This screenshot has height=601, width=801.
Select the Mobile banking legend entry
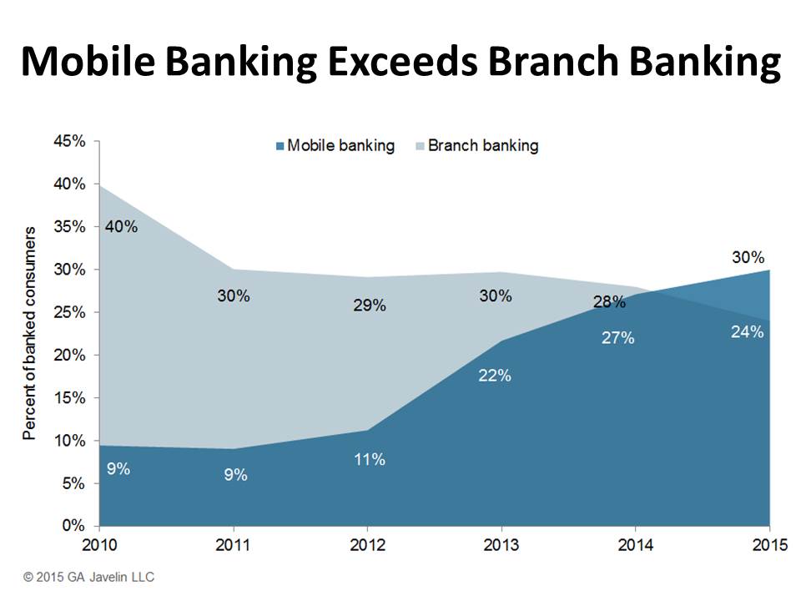pyautogui.click(x=334, y=146)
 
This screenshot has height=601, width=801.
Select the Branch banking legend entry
pyautogui.click(x=476, y=146)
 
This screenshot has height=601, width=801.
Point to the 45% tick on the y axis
pyautogui.click(x=70, y=141)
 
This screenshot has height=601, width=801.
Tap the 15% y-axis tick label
pyautogui.click(x=70, y=398)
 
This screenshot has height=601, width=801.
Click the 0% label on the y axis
pyautogui.click(x=73, y=526)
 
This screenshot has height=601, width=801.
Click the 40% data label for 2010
pyautogui.click(x=121, y=226)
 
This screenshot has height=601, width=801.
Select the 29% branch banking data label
pyautogui.click(x=369, y=306)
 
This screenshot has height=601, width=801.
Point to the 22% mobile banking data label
pyautogui.click(x=495, y=376)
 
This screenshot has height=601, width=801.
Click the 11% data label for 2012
pyautogui.click(x=369, y=459)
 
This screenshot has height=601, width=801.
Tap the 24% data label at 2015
pyautogui.click(x=747, y=332)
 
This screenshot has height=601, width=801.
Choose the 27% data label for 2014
pyautogui.click(x=618, y=338)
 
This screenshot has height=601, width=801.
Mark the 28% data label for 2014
pyautogui.click(x=610, y=302)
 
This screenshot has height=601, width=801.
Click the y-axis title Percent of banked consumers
pyautogui.click(x=30, y=333)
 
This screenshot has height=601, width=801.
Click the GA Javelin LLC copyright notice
pyautogui.click(x=89, y=577)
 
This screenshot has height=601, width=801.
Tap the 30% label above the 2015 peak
pyautogui.click(x=748, y=257)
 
